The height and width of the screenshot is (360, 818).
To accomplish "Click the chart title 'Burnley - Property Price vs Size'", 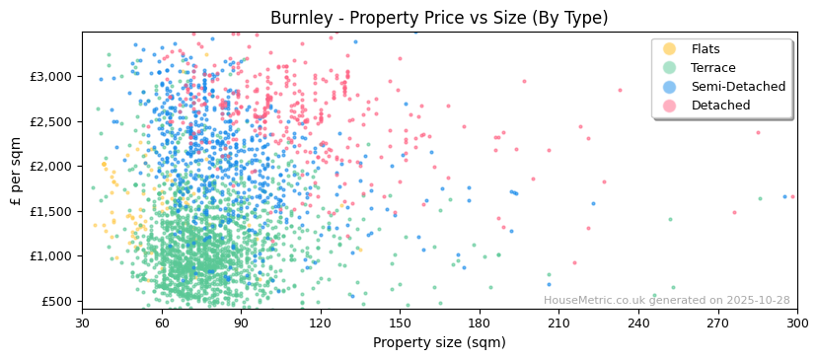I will click(439, 18).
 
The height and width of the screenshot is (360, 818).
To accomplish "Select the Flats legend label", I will click(706, 49).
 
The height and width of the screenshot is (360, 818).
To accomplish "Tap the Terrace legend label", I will click(713, 68).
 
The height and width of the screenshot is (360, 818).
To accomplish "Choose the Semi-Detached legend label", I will click(738, 87).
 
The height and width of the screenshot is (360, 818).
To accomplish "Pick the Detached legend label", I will click(720, 106).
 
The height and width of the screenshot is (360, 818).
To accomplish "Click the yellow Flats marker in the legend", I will click(670, 49).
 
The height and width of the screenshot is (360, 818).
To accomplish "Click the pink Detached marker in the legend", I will click(670, 106).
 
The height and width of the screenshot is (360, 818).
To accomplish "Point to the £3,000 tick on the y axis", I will click(51, 77).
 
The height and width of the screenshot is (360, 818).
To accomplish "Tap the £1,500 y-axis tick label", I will click(51, 211).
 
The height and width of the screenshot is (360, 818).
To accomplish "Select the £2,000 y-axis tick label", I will click(51, 167).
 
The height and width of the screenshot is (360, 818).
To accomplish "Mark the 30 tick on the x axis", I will click(82, 323).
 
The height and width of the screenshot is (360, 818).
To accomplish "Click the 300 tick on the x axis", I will click(796, 323).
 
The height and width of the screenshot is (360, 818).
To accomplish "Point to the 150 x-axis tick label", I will click(400, 323).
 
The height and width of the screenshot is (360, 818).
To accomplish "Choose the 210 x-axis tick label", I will click(558, 323).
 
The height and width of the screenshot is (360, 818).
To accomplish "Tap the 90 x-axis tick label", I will click(241, 323).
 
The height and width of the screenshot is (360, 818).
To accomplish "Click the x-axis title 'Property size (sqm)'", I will click(439, 342).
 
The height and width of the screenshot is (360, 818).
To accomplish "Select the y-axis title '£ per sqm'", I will click(17, 171).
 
